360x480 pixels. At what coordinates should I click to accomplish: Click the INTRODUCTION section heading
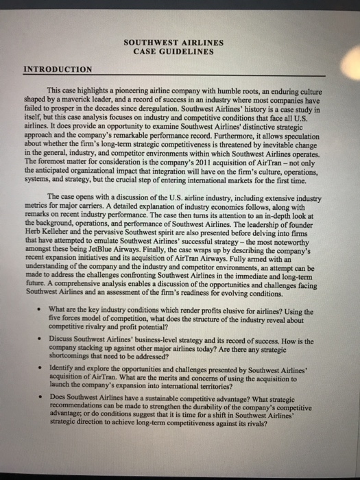click(x=58, y=69)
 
